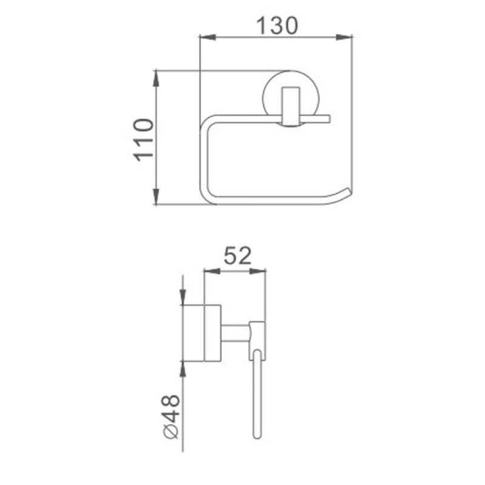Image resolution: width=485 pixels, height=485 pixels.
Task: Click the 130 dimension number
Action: point(278,25)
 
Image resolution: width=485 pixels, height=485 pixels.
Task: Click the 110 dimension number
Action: point(144,140)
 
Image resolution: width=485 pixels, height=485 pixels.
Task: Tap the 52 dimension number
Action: point(238,256)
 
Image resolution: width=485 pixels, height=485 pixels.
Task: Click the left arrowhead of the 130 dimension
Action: point(208,37)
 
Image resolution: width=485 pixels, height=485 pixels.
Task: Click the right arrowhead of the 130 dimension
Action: point(344,37)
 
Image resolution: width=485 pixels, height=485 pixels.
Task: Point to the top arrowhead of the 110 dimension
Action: point(156,79)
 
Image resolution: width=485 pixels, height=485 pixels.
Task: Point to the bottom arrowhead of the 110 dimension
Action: point(156,196)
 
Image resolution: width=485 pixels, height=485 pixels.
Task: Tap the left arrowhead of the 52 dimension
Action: point(212,271)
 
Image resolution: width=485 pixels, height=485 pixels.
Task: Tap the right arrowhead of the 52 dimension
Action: point(257,271)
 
